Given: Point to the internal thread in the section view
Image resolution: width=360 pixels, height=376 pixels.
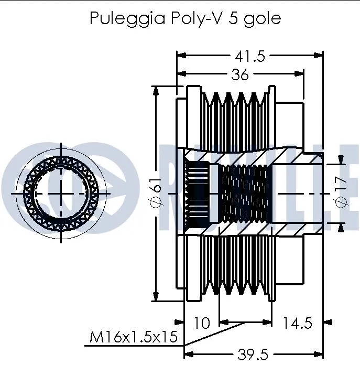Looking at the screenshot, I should tap(243, 194).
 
